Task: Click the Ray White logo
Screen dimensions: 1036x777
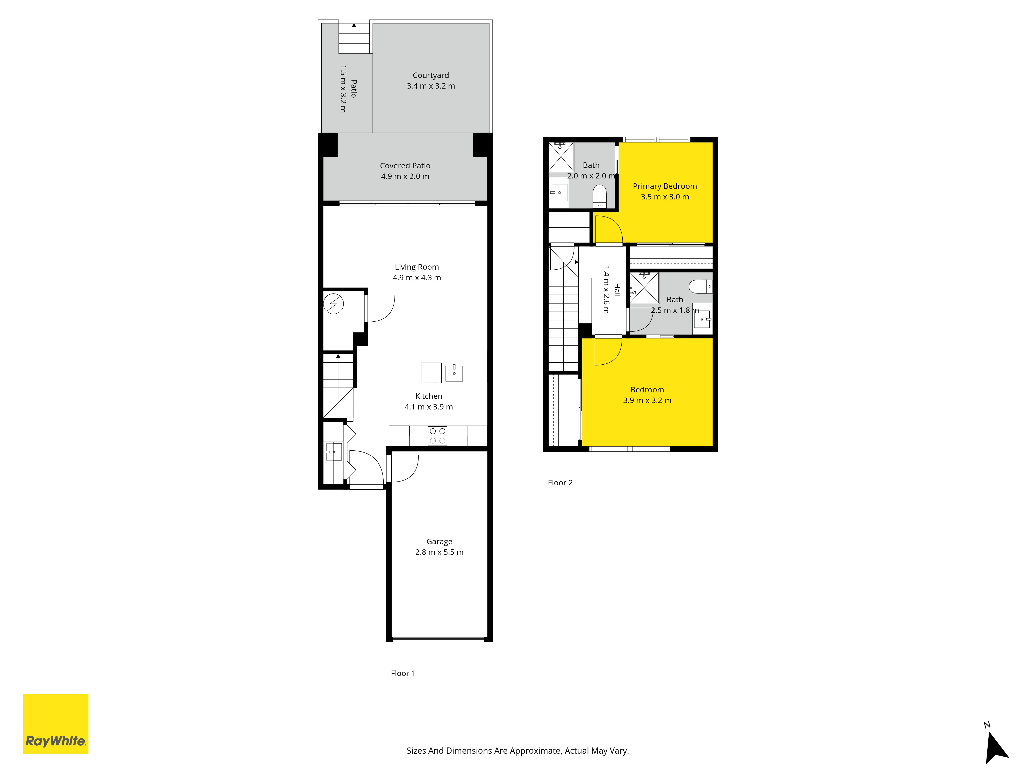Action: tap(56, 724)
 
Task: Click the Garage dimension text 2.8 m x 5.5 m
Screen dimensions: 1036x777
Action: tap(439, 552)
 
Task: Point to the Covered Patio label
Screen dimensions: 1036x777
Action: tap(405, 166)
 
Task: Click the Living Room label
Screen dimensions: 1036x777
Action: tap(417, 267)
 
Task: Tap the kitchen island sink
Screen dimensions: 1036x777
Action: tap(454, 373)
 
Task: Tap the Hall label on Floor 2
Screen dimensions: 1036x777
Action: tap(617, 290)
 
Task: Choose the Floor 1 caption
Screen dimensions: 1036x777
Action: tap(403, 673)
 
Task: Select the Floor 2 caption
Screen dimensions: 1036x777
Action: tap(560, 483)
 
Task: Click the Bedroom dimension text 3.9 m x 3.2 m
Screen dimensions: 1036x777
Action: tap(647, 400)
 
